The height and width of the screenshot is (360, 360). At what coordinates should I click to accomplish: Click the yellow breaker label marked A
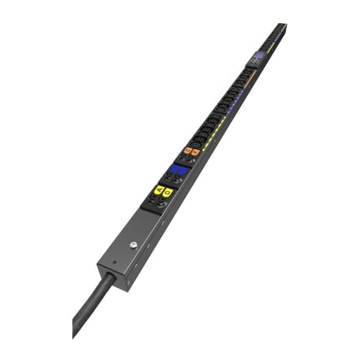click(158, 190)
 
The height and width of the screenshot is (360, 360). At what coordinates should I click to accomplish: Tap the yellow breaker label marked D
click(167, 192)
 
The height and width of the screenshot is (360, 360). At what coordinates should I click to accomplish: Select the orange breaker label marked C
click(187, 150)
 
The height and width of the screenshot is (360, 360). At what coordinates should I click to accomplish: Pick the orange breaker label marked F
click(195, 152)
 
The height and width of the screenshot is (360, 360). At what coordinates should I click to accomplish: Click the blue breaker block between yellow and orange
click(176, 172)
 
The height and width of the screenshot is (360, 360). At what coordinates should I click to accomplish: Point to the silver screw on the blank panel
click(134, 245)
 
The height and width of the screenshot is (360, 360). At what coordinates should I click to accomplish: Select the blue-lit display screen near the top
click(258, 55)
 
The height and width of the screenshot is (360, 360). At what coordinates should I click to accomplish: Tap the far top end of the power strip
click(282, 25)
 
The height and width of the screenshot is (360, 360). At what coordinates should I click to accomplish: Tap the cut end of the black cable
click(76, 332)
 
